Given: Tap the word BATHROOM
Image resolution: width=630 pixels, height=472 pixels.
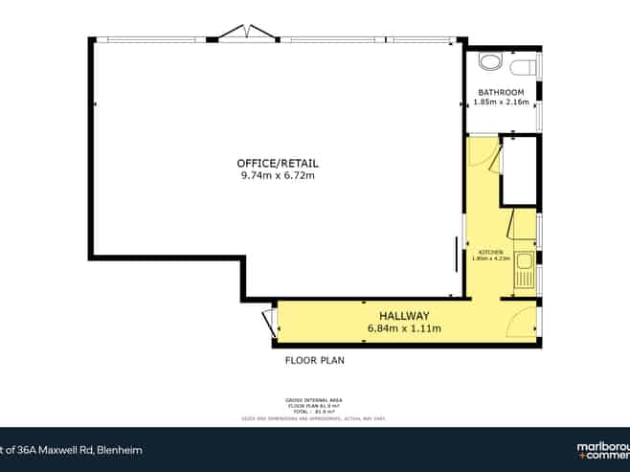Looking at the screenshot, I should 501,92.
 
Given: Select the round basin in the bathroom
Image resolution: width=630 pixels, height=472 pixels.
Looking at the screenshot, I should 488,61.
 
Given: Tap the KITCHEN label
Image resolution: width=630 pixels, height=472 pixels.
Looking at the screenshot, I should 489,252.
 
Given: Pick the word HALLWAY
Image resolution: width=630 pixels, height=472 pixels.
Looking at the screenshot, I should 403,316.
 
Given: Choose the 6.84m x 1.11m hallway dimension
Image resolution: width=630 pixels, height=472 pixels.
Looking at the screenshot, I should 403,328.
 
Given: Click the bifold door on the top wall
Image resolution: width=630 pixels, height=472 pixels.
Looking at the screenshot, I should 246,34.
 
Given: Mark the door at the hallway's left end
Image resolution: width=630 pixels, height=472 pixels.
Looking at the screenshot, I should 269,324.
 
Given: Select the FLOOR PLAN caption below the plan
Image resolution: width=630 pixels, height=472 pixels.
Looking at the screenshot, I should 314,361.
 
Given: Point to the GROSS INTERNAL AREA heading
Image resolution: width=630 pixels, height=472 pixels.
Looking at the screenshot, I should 314,399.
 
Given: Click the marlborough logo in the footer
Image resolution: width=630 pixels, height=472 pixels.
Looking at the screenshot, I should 602,450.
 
